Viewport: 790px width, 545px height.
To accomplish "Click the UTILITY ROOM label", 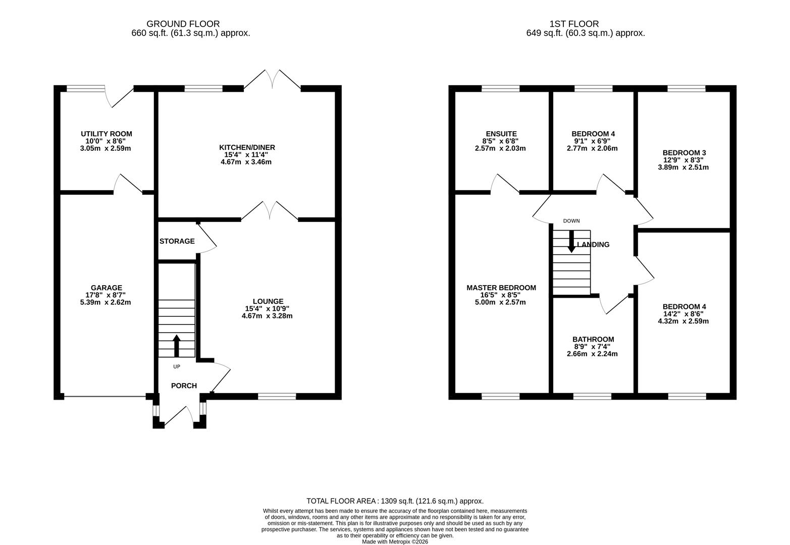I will click(x=107, y=134).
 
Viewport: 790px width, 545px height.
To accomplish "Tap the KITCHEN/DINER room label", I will click(x=247, y=147).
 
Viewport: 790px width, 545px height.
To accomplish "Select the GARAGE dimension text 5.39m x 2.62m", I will click(x=106, y=302).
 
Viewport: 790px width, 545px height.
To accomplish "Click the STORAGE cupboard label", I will click(x=177, y=241).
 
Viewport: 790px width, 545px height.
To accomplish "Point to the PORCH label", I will click(x=184, y=386).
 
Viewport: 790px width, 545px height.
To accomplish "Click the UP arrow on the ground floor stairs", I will click(x=177, y=346).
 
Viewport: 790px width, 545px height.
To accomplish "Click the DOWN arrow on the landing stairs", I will click(x=571, y=241).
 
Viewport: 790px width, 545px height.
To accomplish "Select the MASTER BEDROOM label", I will click(x=501, y=288).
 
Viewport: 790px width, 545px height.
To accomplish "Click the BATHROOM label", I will click(x=593, y=339).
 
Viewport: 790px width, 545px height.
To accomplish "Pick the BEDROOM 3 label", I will click(x=684, y=152).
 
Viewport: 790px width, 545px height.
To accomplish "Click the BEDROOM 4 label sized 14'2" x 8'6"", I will click(x=684, y=306).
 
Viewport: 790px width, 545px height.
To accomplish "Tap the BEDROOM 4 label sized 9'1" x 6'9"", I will click(x=593, y=134).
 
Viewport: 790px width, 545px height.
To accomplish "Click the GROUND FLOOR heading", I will click(x=183, y=24).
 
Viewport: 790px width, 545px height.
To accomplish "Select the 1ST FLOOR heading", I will click(x=574, y=24).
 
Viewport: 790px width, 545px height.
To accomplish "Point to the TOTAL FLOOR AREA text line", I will click(x=395, y=501).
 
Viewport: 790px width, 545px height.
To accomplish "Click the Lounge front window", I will click(x=277, y=397).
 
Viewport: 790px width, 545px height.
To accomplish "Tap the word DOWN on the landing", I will click(x=571, y=221).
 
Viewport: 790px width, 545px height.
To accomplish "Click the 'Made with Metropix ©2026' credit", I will click(x=395, y=541).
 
